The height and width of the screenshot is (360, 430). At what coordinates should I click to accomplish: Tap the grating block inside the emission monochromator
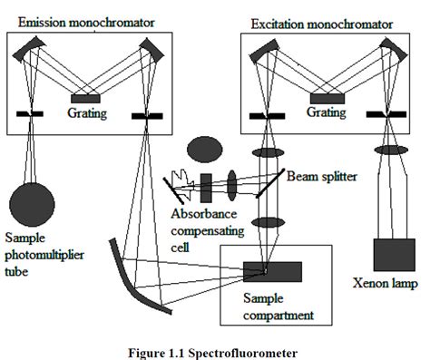(x=86, y=98)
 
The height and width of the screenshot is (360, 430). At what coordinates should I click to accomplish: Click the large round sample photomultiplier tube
(x=31, y=200)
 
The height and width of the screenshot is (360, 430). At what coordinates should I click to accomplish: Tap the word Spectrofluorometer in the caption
(x=253, y=346)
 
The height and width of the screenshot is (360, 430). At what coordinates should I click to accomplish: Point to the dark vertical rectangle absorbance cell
(x=207, y=186)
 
